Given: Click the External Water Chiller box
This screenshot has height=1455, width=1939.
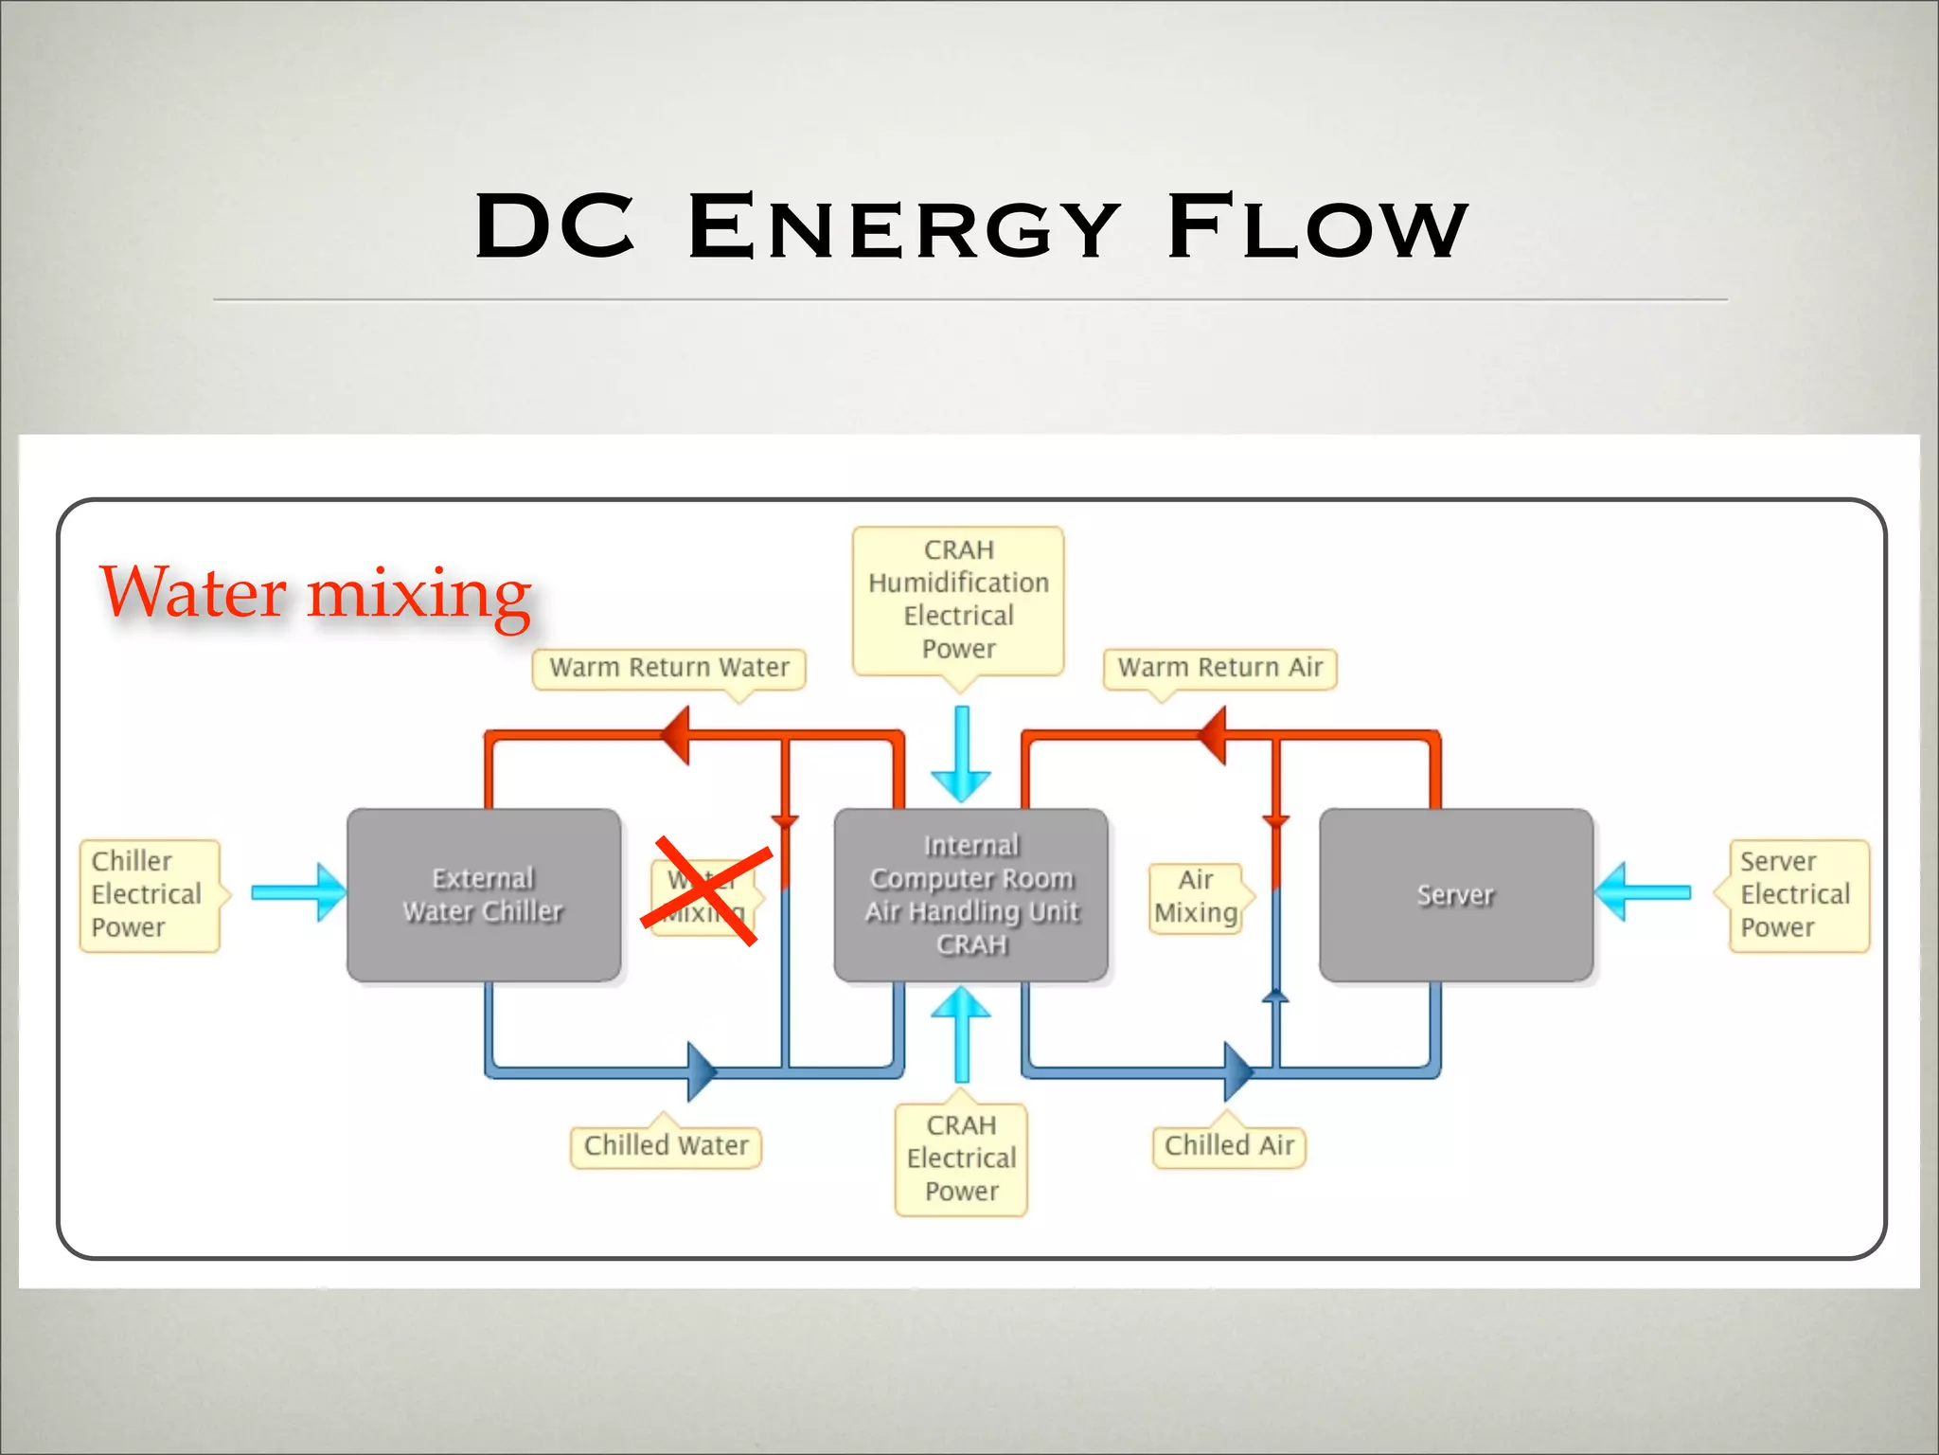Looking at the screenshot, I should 483,894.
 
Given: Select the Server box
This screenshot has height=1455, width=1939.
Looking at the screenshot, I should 1455,894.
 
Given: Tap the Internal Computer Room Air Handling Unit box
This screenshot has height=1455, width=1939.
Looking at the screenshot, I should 970,894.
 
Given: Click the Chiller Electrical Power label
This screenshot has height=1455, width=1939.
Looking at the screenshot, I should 149,894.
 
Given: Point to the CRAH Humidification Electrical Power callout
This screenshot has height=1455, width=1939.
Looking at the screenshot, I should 958,600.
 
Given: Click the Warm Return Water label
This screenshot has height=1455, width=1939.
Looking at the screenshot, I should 668,668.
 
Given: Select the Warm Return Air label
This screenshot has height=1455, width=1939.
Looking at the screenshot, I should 1219,668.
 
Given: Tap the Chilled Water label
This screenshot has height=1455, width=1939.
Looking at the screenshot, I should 666,1146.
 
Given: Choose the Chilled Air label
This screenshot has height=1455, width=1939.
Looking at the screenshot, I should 1229,1146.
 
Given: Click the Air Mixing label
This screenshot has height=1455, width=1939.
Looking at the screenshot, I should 1196,896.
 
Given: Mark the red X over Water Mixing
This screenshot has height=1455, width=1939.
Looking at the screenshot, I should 705,890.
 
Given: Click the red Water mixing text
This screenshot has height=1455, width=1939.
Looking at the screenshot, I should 315,594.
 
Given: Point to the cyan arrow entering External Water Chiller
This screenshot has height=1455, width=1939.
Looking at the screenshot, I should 299,892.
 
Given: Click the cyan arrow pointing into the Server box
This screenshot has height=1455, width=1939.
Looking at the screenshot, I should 1643,892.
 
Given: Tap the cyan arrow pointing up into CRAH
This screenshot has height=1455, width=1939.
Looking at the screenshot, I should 961,1033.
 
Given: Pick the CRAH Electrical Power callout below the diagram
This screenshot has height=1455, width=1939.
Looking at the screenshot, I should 961,1159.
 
